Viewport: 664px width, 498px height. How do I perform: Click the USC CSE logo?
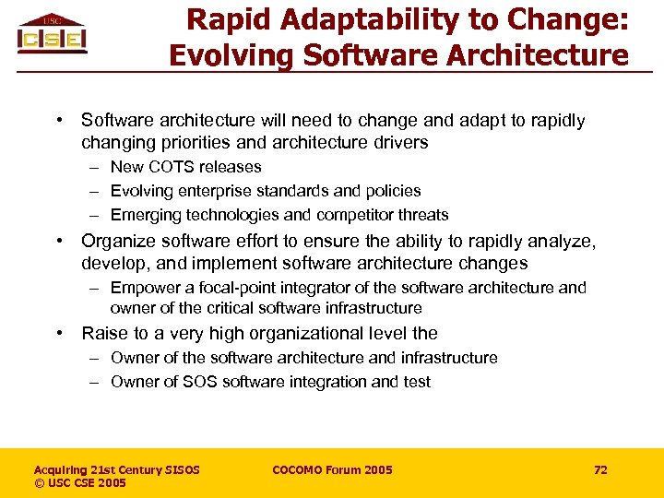click(52, 34)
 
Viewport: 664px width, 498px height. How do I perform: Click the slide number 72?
click(600, 470)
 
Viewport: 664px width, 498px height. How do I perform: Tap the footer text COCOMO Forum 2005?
click(332, 470)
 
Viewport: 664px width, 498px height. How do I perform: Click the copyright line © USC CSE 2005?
click(80, 483)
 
